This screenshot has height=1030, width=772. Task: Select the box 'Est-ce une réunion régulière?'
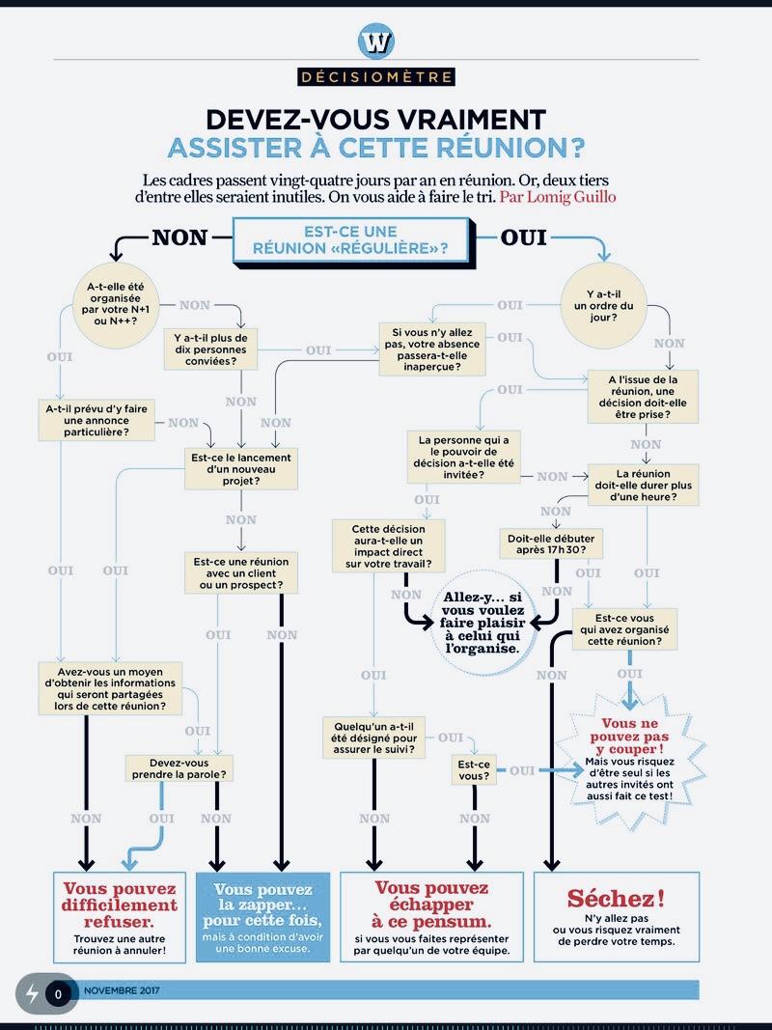pos(353,240)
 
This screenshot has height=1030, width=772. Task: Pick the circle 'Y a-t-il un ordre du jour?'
pos(609,304)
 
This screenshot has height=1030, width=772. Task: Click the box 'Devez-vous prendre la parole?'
pos(182,767)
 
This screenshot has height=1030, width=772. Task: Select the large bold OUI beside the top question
pos(524,237)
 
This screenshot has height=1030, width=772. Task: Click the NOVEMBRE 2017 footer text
pos(122,990)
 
